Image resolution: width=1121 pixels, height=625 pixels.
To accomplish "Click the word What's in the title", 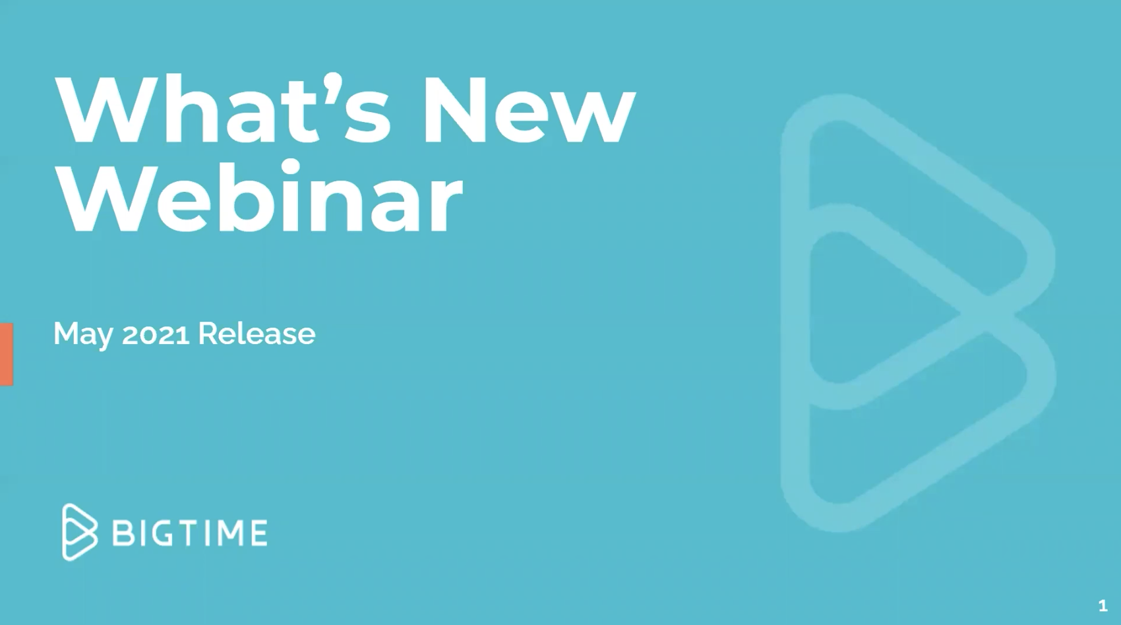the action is (x=223, y=108).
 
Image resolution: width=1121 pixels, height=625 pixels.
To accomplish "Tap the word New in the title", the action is (x=529, y=109).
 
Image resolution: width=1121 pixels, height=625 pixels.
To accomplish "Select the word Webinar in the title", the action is (x=258, y=196).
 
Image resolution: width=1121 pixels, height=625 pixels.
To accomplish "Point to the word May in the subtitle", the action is (x=83, y=334).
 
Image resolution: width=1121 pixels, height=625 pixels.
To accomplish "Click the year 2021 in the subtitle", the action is (x=156, y=334).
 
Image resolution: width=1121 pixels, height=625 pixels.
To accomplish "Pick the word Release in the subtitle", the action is (x=257, y=333).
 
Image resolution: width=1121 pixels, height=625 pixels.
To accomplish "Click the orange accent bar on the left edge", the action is (x=6, y=354).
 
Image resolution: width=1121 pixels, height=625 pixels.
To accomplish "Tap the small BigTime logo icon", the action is (x=79, y=531).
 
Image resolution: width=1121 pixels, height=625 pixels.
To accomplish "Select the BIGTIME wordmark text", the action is (x=190, y=533).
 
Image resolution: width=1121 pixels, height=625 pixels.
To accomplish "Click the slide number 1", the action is (x=1103, y=606).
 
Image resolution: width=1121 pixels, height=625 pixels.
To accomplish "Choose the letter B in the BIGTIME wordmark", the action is (x=122, y=533).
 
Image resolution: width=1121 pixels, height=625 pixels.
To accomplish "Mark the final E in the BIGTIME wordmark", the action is (x=258, y=533).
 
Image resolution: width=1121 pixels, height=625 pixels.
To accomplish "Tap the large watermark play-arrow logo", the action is (x=919, y=312).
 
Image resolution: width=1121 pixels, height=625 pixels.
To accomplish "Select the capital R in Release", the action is (x=208, y=333).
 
